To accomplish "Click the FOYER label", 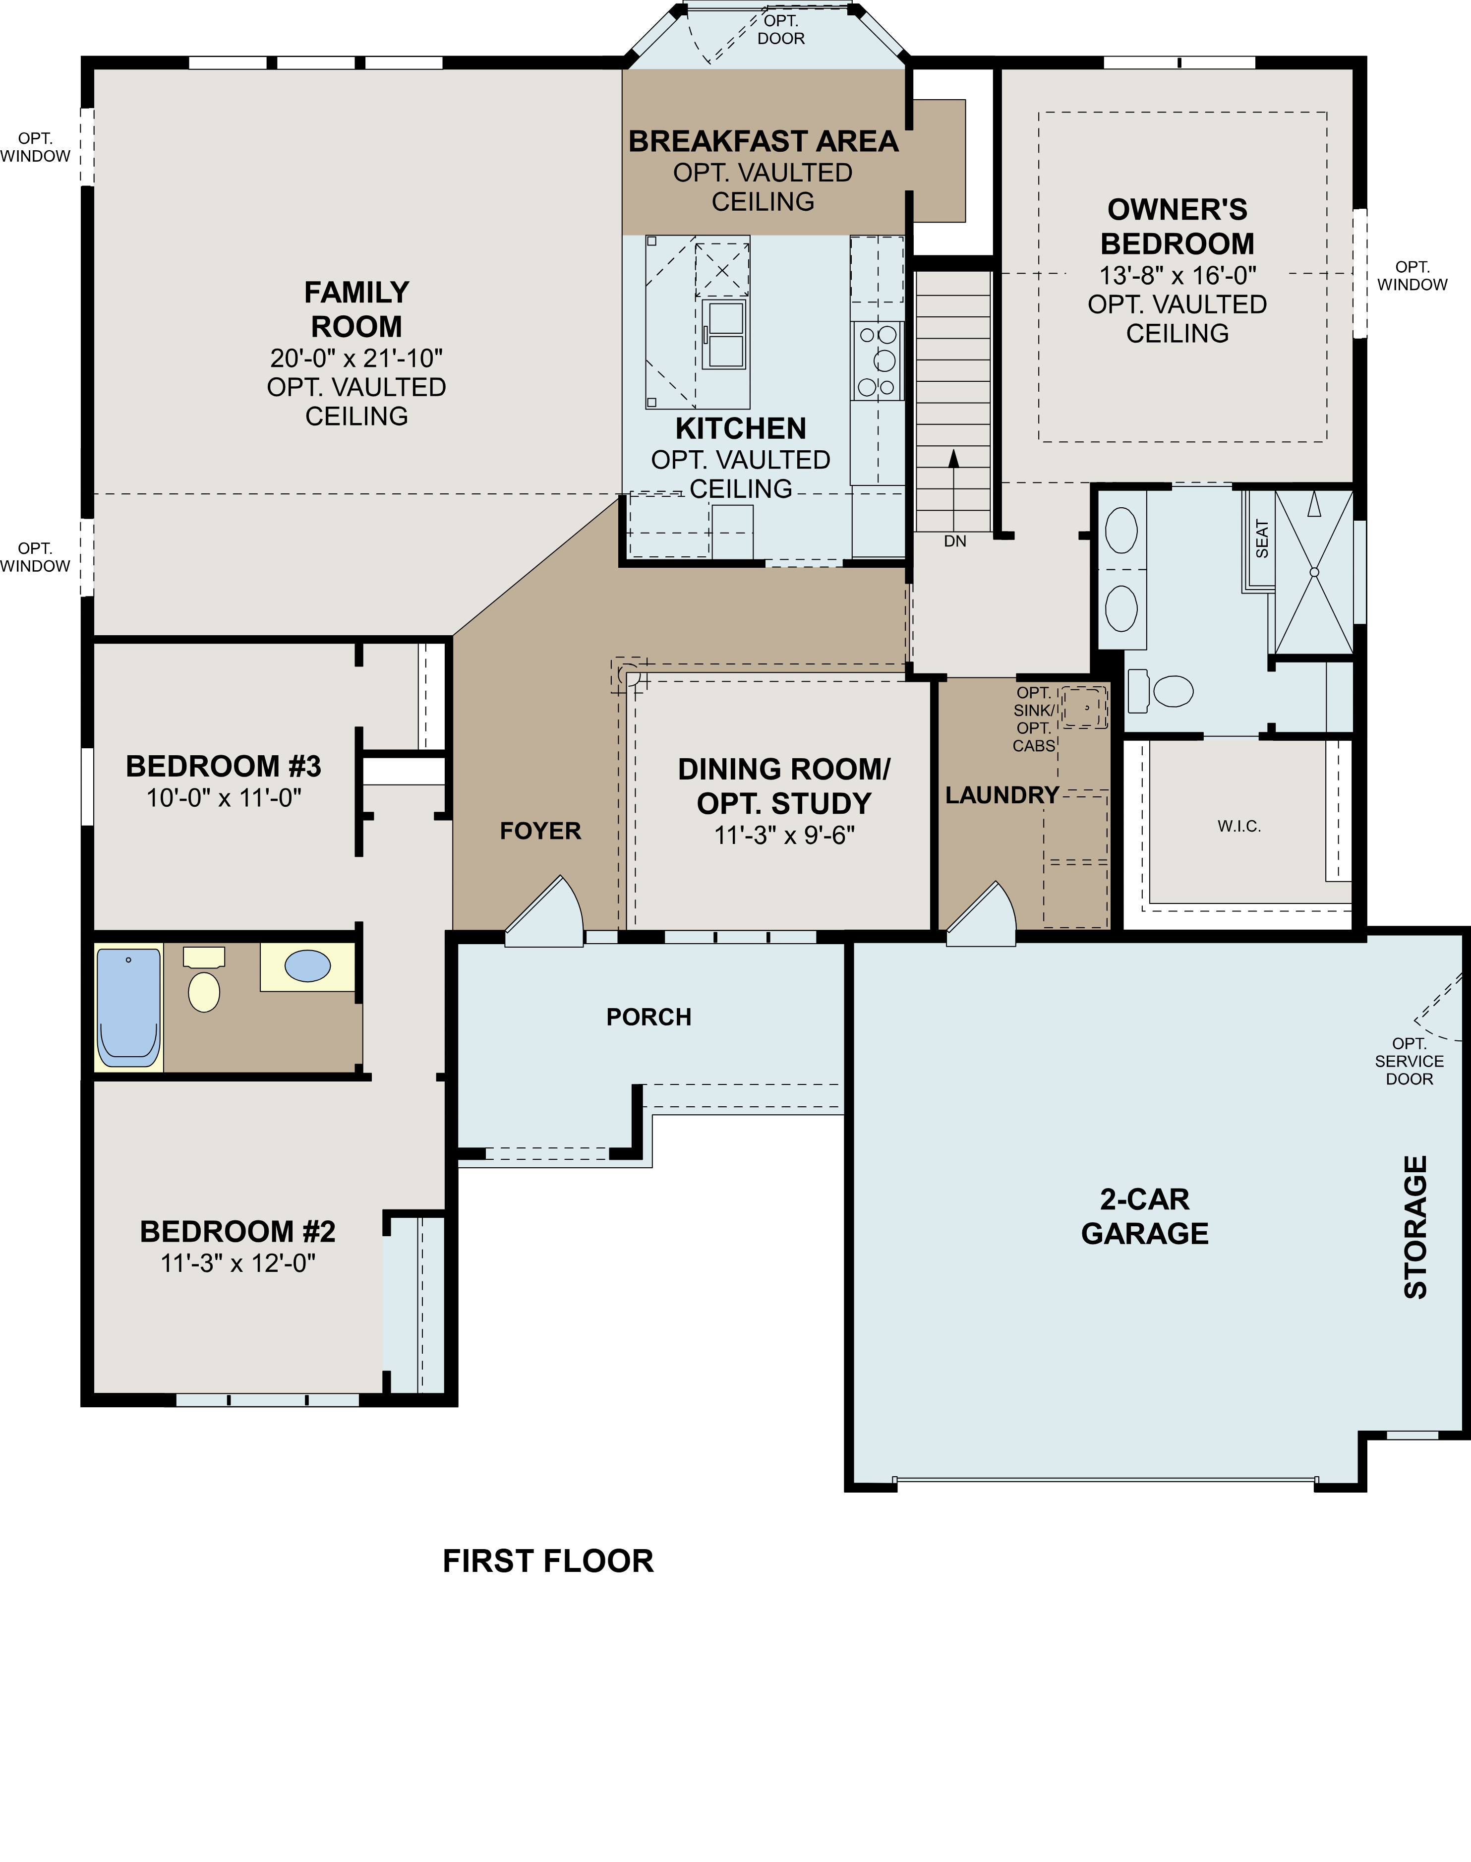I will click(x=540, y=831).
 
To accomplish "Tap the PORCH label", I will click(x=648, y=1017).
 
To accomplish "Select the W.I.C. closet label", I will click(x=1238, y=827).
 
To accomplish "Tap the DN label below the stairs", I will click(x=954, y=541).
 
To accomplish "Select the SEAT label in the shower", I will click(x=1262, y=539).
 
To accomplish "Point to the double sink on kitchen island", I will click(x=723, y=334).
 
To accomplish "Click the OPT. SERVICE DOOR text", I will click(x=1409, y=1061).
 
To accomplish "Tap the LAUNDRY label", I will click(x=1001, y=795).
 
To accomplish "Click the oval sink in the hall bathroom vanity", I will click(x=307, y=966).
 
